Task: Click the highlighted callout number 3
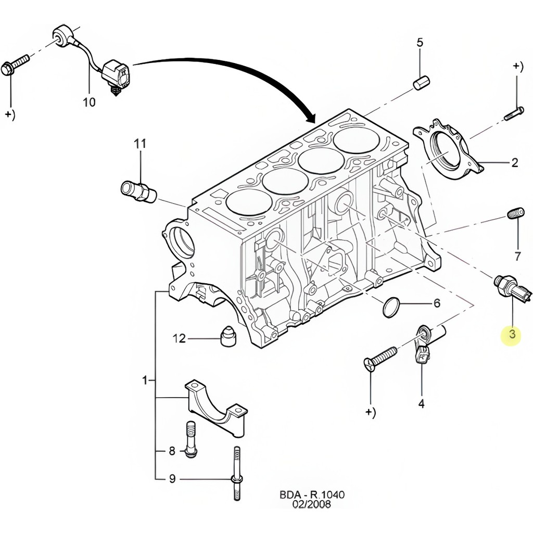click(x=512, y=334)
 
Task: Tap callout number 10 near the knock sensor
click(x=89, y=102)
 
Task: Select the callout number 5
click(x=420, y=43)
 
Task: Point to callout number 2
click(x=514, y=163)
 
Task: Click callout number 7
click(x=517, y=256)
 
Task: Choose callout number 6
click(x=436, y=302)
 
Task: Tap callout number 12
click(x=179, y=339)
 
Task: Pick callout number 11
click(x=140, y=144)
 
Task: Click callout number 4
click(x=421, y=403)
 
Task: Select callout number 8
click(x=172, y=451)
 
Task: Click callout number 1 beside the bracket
click(x=145, y=381)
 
